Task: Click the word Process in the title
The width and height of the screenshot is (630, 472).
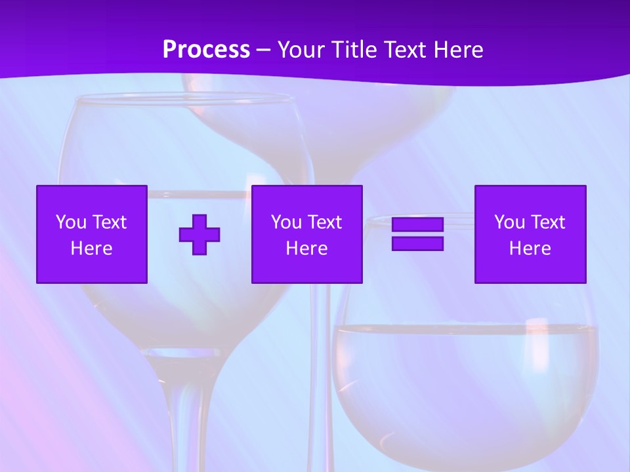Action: [206, 50]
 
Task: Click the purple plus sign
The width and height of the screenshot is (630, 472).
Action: [199, 235]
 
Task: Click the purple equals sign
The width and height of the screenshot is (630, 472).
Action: [417, 234]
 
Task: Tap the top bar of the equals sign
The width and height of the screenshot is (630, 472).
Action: [417, 225]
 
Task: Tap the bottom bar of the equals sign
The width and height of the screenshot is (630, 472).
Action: [417, 243]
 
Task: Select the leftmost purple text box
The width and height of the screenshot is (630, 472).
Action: [92, 234]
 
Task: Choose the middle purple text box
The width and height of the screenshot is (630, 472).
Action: [306, 234]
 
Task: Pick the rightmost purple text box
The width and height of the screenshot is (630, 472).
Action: [530, 234]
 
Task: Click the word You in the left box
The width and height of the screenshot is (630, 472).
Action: [71, 222]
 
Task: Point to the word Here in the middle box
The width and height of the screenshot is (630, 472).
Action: [306, 248]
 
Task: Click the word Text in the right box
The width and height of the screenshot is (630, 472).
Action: [547, 222]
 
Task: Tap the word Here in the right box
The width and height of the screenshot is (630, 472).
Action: [530, 248]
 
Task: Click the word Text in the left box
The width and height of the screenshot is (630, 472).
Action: [109, 222]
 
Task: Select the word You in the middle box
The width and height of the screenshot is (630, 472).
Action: [286, 222]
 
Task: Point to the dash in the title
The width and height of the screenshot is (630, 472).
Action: [264, 50]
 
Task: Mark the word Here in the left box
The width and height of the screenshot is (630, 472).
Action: [92, 248]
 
